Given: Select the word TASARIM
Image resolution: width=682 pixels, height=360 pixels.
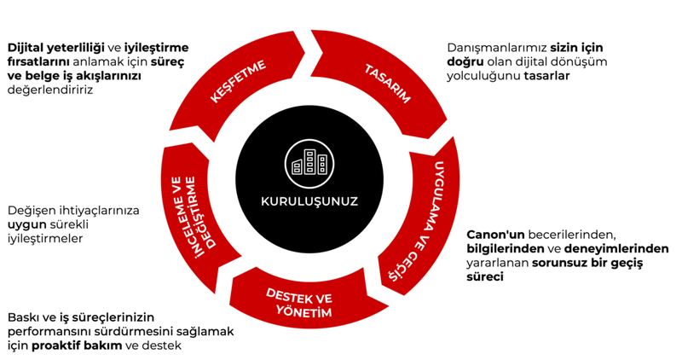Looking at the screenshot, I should [x=388, y=84].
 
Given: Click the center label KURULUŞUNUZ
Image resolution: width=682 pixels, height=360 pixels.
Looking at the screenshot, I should [x=309, y=202].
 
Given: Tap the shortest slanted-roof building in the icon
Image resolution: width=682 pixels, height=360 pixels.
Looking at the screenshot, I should [x=298, y=165].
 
